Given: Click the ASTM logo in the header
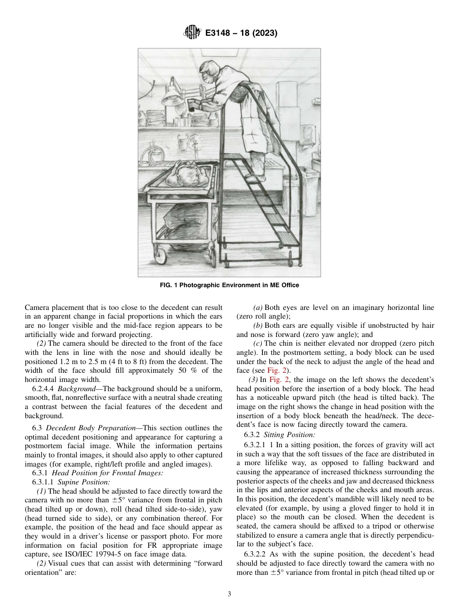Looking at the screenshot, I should (192, 33).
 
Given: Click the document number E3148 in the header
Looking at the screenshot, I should (220, 33).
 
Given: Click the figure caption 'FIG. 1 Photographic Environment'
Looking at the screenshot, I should (229, 285).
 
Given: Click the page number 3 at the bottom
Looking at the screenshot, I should (229, 594).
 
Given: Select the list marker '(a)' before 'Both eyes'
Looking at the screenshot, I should (258, 307).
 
